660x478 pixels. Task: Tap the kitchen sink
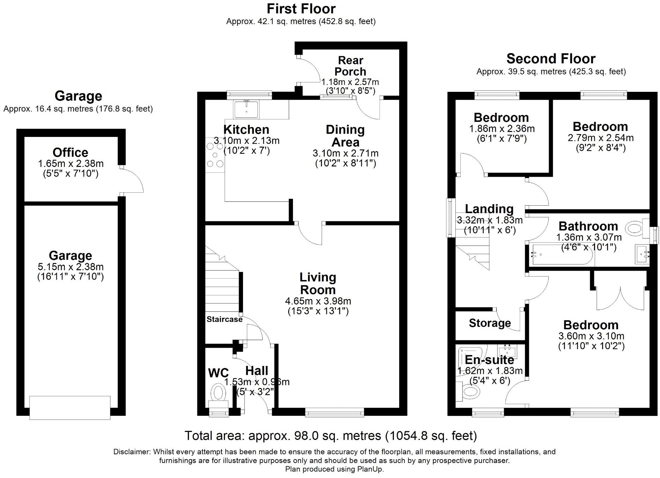pyautogui.click(x=246, y=109)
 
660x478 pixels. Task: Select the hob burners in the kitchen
pyautogui.click(x=215, y=155)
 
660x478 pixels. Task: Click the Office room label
pyautogui.click(x=70, y=153)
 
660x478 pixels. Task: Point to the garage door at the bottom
pyautogui.click(x=70, y=407)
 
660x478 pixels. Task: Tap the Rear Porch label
pyautogui.click(x=350, y=66)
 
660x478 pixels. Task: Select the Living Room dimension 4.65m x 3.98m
pyautogui.click(x=318, y=301)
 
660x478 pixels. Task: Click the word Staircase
pyautogui.click(x=224, y=319)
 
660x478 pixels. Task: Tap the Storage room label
pyautogui.click(x=490, y=323)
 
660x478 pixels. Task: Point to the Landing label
pyautogui.click(x=489, y=209)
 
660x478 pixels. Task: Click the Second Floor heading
pyautogui.click(x=551, y=59)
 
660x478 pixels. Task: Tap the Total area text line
pyautogui.click(x=330, y=435)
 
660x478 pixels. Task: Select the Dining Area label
pyautogui.click(x=345, y=136)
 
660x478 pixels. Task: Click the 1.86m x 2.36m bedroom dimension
pyautogui.click(x=501, y=128)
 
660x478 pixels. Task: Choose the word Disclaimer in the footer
pyautogui.click(x=131, y=452)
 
